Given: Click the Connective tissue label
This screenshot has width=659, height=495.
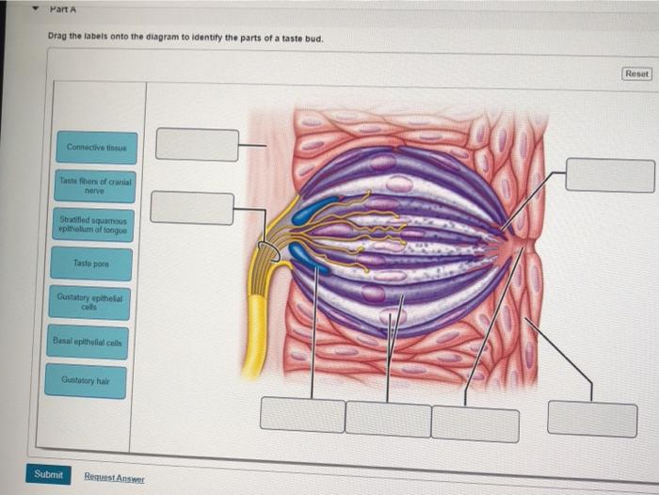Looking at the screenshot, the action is pyautogui.click(x=96, y=147).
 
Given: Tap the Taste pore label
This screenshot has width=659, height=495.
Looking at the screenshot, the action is pyautogui.click(x=94, y=264).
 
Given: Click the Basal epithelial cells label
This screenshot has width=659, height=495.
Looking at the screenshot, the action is pyautogui.click(x=92, y=342).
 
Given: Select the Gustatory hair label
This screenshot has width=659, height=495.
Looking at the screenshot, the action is pyautogui.click(x=90, y=379).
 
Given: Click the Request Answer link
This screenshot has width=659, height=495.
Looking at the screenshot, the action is pyautogui.click(x=114, y=478).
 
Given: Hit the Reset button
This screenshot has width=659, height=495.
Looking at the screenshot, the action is pyautogui.click(x=636, y=73).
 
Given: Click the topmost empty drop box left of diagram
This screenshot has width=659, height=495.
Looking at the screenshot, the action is pyautogui.click(x=197, y=144).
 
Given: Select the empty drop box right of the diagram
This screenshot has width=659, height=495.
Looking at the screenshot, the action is pyautogui.click(x=609, y=175).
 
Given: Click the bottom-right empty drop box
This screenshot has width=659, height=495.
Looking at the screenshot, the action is pyautogui.click(x=591, y=419).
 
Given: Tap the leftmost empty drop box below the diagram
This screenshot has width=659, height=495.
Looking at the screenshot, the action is pyautogui.click(x=302, y=414).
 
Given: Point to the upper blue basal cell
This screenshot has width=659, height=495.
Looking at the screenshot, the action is pyautogui.click(x=315, y=210).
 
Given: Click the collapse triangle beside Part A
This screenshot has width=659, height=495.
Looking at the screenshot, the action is pyautogui.click(x=36, y=8).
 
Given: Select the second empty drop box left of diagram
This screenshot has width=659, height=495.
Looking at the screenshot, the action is pyautogui.click(x=192, y=207).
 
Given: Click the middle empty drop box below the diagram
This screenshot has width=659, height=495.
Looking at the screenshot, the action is pyautogui.click(x=387, y=418).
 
